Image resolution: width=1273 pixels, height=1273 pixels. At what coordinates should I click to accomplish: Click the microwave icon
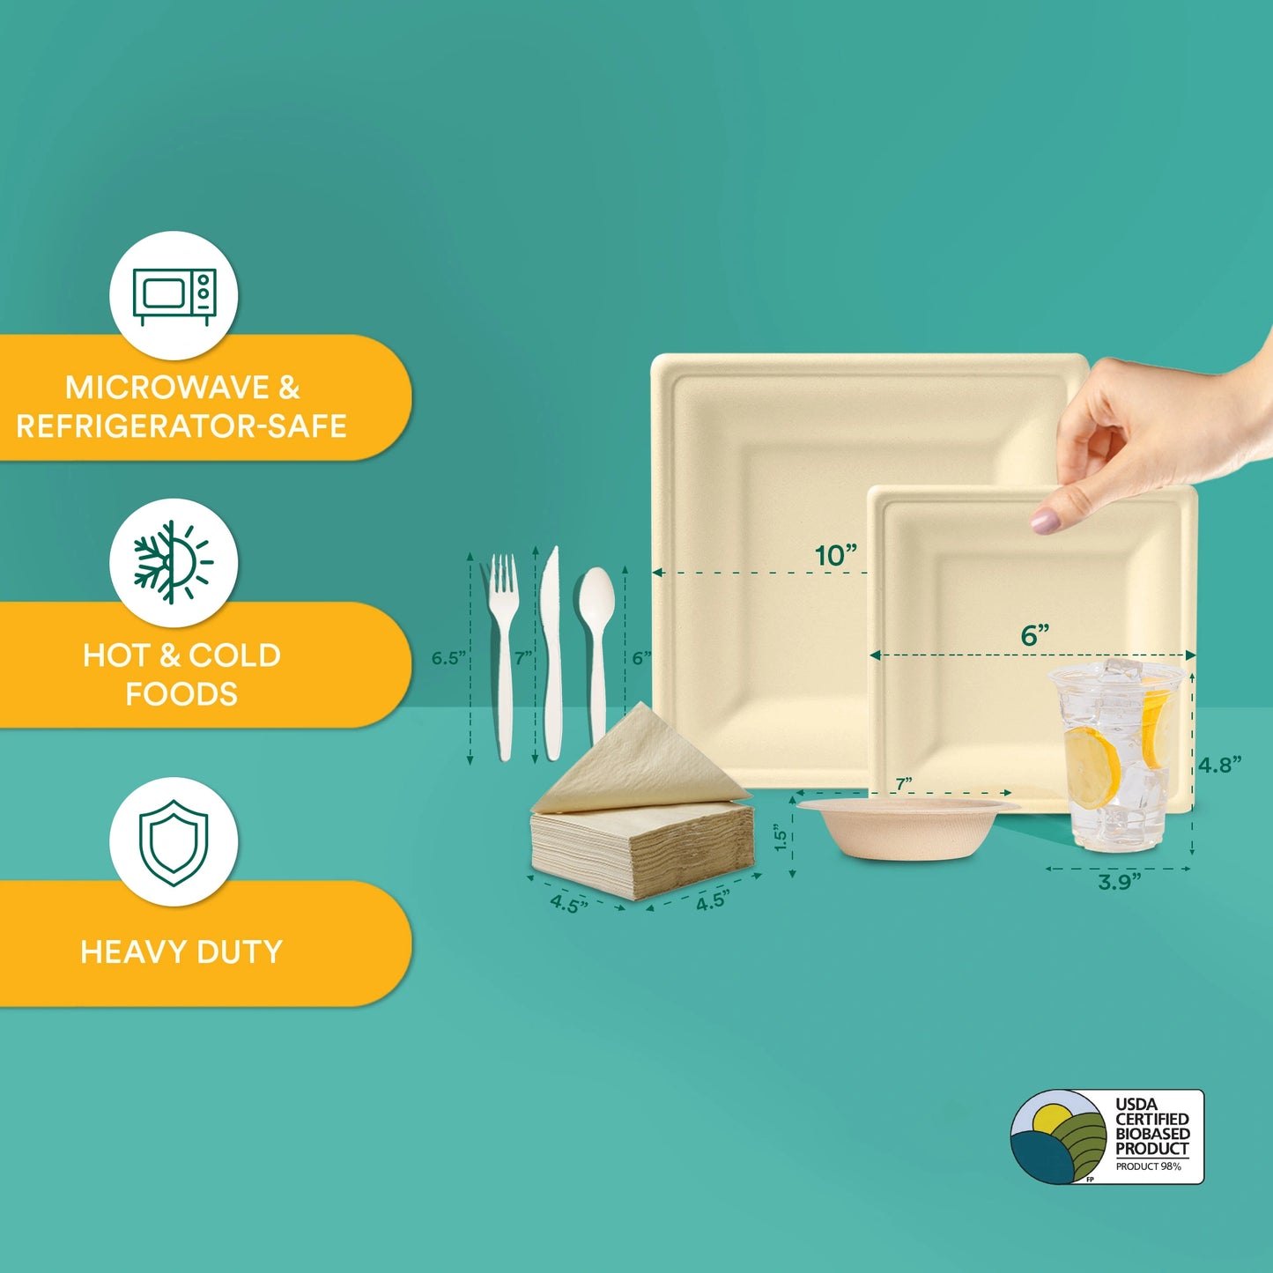pyautogui.click(x=174, y=297)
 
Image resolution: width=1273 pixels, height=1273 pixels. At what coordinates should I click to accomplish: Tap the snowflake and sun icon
pyautogui.click(x=173, y=563)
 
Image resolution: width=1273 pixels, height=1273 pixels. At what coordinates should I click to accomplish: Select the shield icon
pyautogui.click(x=174, y=842)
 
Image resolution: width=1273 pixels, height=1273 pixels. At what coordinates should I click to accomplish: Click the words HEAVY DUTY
pyautogui.click(x=181, y=952)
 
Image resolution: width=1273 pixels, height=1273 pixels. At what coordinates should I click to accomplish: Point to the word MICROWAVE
pyautogui.click(x=167, y=388)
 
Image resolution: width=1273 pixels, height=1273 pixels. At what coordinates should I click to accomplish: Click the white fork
pyautogui.click(x=503, y=657)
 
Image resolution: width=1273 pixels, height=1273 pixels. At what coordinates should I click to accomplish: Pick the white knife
pyautogui.click(x=551, y=653)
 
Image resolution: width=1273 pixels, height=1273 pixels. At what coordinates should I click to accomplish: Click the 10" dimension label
pyautogui.click(x=836, y=556)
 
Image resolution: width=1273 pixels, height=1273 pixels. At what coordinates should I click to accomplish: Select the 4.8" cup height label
pyautogui.click(x=1219, y=765)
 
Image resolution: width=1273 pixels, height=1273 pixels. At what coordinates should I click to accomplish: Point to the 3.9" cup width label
pyautogui.click(x=1120, y=882)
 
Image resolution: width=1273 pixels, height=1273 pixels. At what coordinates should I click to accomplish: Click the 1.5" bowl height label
pyautogui.click(x=781, y=838)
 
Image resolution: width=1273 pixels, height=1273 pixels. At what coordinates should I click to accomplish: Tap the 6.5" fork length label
pyautogui.click(x=448, y=658)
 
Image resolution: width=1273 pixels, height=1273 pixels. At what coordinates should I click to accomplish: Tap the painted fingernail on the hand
pyautogui.click(x=1046, y=520)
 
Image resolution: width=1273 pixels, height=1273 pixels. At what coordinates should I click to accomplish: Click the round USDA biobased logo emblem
pyautogui.click(x=1058, y=1137)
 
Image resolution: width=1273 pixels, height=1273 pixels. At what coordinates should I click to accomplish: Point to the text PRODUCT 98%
pyautogui.click(x=1148, y=1166)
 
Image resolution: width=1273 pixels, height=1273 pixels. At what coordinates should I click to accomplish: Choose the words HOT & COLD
pyautogui.click(x=181, y=655)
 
